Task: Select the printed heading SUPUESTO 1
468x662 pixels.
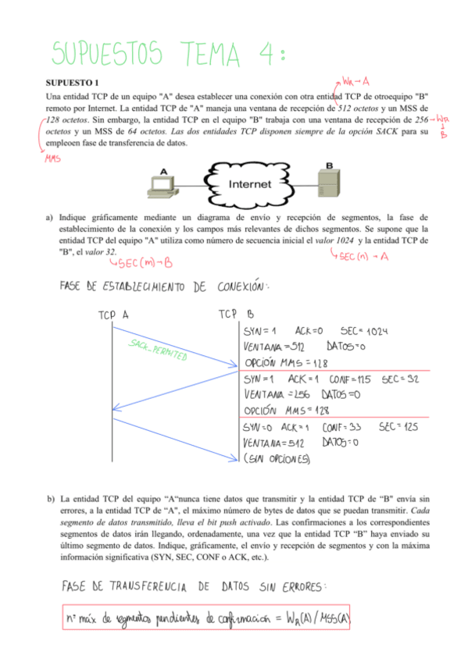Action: (73, 82)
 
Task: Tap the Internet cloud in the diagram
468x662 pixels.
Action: (251, 185)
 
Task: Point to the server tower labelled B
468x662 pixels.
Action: (332, 182)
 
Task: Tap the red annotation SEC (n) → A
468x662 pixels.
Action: (365, 257)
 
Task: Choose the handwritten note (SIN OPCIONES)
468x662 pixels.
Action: (277, 459)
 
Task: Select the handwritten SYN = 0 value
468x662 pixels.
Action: (259, 428)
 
